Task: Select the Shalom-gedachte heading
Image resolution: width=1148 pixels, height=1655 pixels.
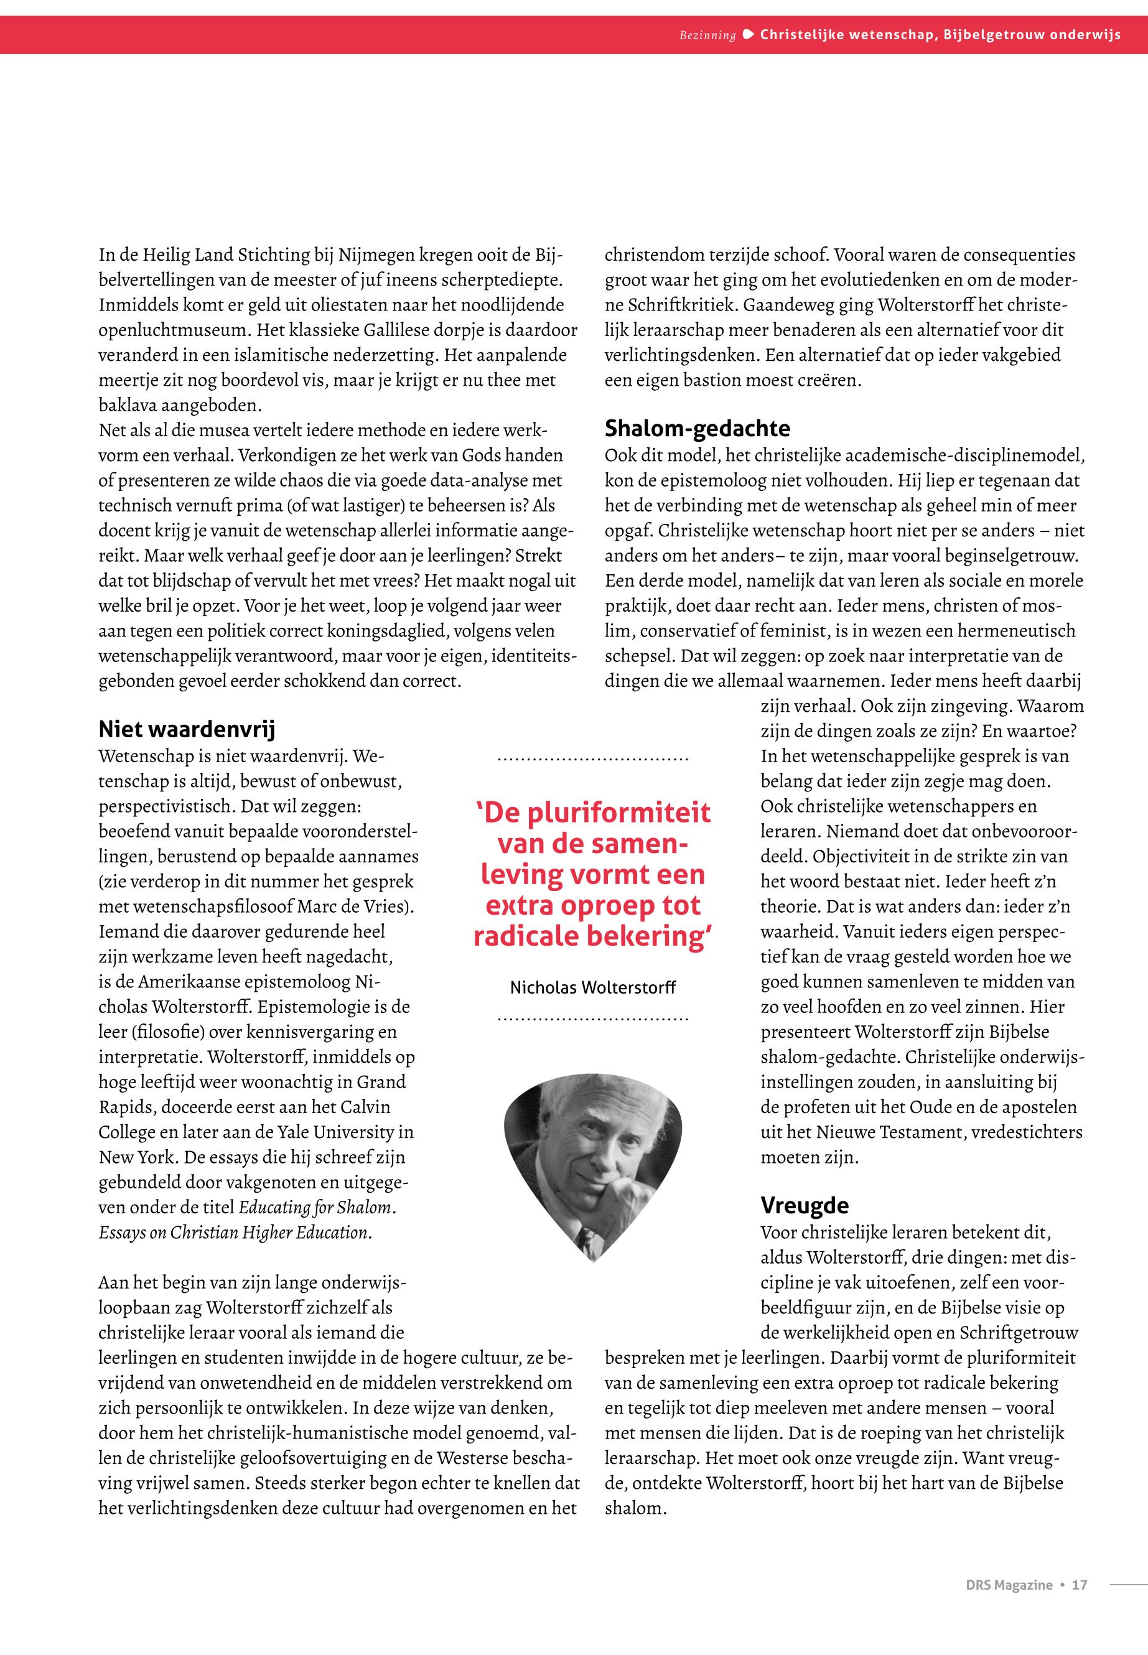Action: pos(697,429)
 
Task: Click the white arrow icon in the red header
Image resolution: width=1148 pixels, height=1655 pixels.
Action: pos(748,34)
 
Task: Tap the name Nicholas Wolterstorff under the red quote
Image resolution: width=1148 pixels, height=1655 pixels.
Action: pos(593,988)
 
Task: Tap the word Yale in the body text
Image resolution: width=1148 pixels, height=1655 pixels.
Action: pos(297,1132)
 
